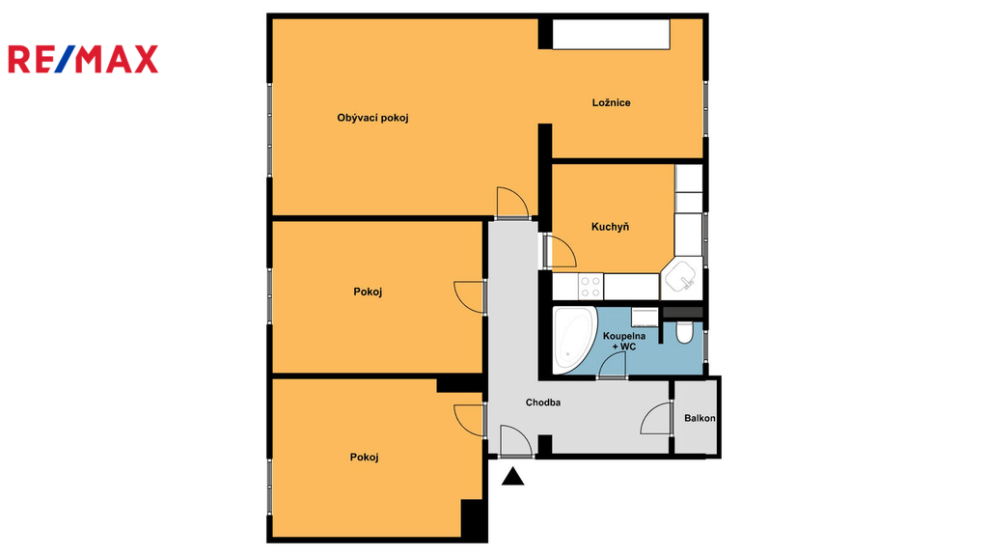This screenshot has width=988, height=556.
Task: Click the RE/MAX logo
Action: pos(83,59)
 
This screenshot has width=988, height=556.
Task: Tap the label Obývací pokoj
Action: pos(372,118)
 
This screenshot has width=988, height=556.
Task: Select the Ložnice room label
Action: pos(611,102)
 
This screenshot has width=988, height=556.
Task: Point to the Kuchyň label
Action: pos(610,227)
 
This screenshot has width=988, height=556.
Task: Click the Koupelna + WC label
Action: pos(624,342)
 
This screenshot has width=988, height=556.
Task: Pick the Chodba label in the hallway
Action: pos(543,403)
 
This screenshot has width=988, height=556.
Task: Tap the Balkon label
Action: pos(700,418)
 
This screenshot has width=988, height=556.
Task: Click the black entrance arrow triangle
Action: pos(513,477)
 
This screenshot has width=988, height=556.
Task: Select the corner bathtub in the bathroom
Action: pos(575,340)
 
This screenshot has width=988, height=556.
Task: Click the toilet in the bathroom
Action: pos(684,332)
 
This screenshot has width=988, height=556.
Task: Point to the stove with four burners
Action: pos(590,286)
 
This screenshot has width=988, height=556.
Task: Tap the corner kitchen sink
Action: pos(682,277)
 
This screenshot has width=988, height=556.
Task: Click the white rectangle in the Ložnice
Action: pos(611,34)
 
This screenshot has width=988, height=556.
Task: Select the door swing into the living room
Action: pos(512,203)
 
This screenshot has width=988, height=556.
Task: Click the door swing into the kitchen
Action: pos(562,251)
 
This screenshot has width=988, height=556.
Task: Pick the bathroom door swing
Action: pos(612,364)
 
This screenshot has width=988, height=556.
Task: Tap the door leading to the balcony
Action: pos(656,418)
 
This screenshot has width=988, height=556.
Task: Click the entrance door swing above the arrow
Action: pos(516,440)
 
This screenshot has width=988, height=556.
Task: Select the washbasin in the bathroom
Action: pos(645,317)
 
